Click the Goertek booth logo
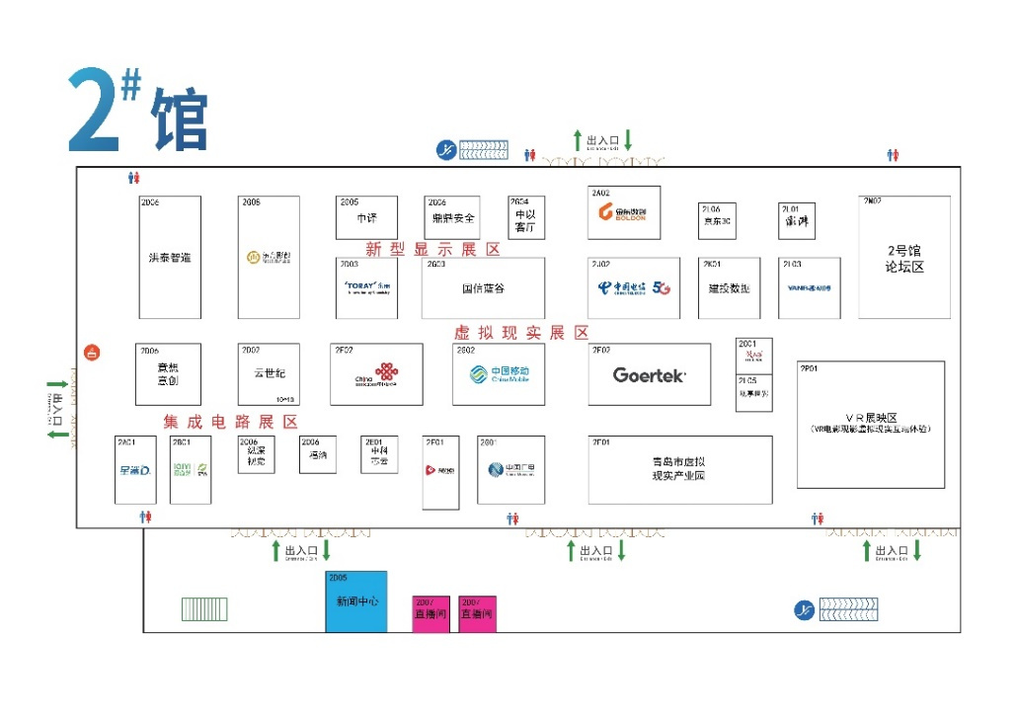(649, 375)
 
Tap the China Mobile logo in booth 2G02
(499, 374)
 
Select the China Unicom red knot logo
(376, 375)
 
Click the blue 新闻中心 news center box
(356, 601)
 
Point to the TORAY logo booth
(366, 288)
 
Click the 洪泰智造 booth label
(170, 258)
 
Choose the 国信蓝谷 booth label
(483, 289)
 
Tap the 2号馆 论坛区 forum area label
(904, 259)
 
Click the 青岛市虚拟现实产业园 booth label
(678, 468)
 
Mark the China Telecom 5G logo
(634, 288)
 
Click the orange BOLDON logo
(623, 212)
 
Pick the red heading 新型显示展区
(432, 250)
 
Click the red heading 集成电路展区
(230, 422)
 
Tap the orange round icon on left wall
(92, 353)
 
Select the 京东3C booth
(717, 221)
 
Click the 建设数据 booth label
(729, 289)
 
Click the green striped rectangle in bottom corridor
(204, 609)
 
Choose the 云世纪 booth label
(268, 373)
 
